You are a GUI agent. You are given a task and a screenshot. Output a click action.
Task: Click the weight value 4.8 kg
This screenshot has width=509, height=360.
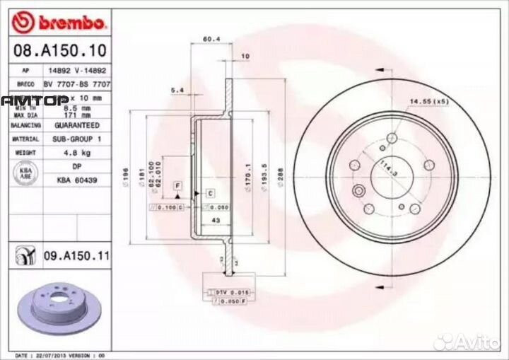click(x=77, y=152)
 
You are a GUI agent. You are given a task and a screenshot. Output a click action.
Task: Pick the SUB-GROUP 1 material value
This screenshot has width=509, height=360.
click(x=77, y=139)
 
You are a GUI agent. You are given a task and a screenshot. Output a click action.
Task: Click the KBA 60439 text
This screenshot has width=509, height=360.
click(x=77, y=180)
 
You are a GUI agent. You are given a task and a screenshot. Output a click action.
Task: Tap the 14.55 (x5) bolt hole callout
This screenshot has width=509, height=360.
click(x=430, y=101)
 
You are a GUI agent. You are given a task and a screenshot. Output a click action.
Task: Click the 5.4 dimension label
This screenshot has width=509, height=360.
click(x=177, y=91)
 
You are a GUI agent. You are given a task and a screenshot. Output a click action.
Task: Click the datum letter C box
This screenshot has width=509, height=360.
click(x=210, y=192)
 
